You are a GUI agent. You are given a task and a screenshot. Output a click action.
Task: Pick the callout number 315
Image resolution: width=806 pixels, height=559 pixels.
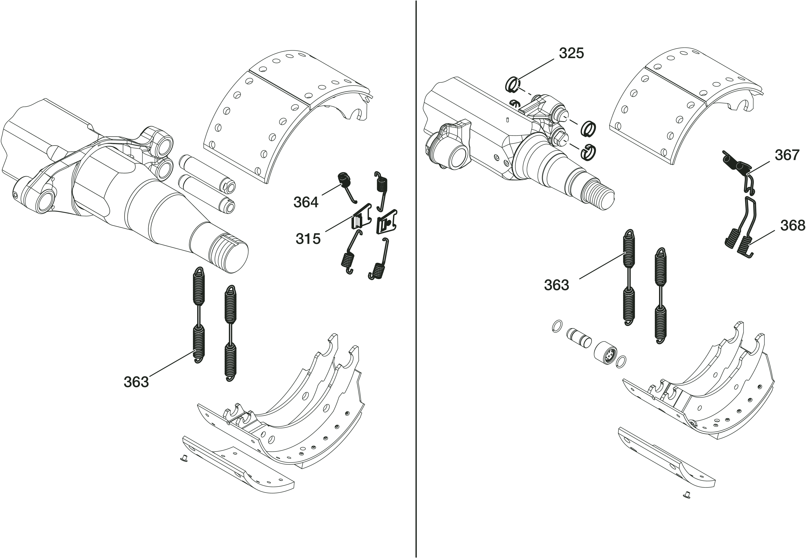pos(308,239)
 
